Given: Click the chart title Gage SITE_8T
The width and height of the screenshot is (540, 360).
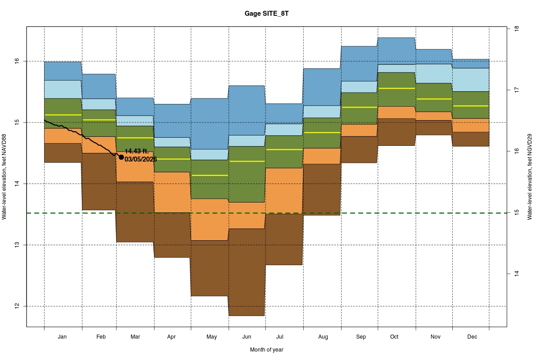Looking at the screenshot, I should coord(266,14).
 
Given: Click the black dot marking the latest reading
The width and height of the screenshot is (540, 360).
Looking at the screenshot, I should coord(121,157).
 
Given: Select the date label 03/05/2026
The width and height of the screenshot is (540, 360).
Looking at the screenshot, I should coord(140,159).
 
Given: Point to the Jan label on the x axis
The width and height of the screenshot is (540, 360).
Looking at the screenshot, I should coord(63,337).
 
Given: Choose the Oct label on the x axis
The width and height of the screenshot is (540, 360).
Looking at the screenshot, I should coord(394,337).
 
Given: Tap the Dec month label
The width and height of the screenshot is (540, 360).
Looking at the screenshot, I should coord(472,337).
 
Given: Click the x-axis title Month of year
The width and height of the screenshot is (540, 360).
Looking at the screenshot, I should coord(266,350).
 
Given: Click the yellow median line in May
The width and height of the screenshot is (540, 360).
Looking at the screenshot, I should coord(210,175).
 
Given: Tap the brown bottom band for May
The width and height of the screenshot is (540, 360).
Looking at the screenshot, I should coord(210,268).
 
